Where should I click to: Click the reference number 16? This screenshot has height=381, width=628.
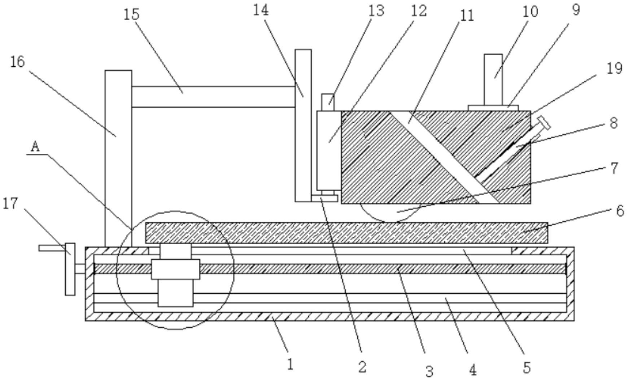click(x=17, y=62)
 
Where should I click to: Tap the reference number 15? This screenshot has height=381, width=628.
click(x=131, y=14)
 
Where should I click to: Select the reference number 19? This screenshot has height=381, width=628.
click(x=614, y=68)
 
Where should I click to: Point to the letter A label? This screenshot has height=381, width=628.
click(x=35, y=147)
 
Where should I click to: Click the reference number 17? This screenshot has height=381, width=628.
click(x=10, y=203)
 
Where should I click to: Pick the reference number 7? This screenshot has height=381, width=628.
click(x=614, y=168)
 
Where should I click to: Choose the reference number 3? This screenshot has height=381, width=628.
click(x=429, y=371)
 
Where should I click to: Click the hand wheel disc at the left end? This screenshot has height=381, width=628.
click(x=70, y=269)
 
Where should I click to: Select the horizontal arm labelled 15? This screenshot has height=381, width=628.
click(x=213, y=97)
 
